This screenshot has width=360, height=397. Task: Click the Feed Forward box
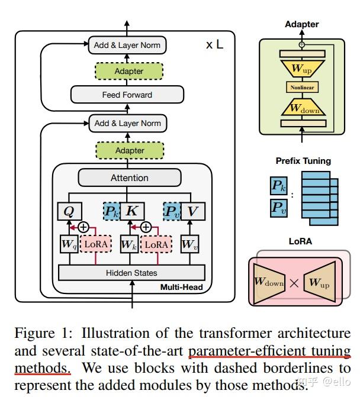point(127,95)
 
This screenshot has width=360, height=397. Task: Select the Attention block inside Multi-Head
point(130,178)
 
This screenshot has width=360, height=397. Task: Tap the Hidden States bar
point(131,273)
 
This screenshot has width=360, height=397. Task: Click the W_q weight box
point(69,244)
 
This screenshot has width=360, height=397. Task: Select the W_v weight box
point(188,244)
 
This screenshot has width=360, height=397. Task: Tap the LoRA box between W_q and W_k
point(97,244)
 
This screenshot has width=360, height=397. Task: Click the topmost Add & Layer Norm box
point(127,45)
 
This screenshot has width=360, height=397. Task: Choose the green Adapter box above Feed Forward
point(129,71)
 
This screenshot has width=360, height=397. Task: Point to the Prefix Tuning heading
point(303,161)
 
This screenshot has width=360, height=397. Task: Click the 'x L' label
point(214,45)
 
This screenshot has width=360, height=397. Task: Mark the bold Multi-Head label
point(181,288)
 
